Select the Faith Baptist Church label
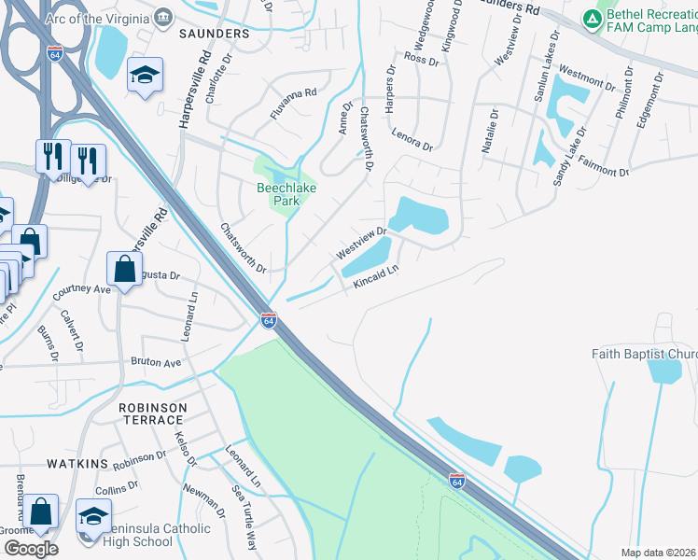[644, 354]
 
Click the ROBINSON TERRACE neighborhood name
[153, 415]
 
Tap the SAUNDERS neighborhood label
[215, 34]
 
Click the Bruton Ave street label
[156, 362]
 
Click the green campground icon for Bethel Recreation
[592, 18]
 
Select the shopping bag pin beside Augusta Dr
[124, 270]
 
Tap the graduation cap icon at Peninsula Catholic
[94, 516]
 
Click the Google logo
[31, 549]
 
